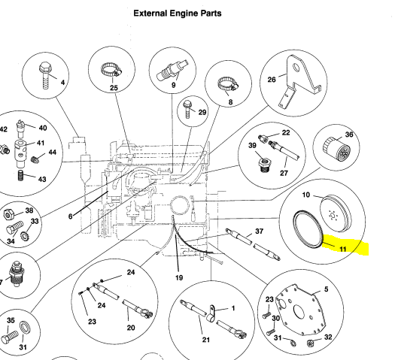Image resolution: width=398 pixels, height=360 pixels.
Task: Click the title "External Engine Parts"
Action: (177, 14)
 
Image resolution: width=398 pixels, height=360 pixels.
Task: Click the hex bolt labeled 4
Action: (46, 75)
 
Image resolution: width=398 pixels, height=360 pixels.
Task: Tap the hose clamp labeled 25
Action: (111, 70)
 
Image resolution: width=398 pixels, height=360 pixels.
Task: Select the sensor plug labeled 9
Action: (172, 70)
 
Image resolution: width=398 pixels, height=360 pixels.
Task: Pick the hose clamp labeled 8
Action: (228, 84)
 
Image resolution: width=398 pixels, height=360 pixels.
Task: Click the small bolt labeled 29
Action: (187, 109)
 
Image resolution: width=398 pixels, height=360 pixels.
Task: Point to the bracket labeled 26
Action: (299, 82)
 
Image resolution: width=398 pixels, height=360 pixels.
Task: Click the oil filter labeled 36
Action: (336, 148)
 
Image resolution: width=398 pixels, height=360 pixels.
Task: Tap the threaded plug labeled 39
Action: (264, 165)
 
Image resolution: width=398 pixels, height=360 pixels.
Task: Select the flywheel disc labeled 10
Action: (336, 213)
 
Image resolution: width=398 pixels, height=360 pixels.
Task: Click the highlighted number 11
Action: (342, 250)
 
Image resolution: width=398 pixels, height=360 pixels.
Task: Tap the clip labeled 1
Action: (211, 313)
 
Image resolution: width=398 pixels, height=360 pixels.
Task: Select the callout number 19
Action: (179, 278)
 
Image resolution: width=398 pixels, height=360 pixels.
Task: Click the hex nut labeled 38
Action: (8, 215)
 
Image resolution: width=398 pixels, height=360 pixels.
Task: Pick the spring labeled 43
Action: (21, 175)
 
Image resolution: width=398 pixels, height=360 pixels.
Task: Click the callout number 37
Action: (259, 231)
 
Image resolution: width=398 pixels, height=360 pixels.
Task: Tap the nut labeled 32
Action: (310, 343)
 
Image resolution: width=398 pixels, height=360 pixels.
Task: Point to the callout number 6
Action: (70, 216)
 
